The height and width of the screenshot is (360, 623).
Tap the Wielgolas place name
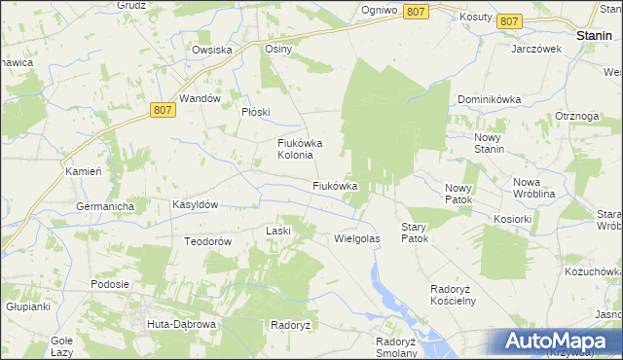click(356, 237)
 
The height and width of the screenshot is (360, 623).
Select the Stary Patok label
click(415, 232)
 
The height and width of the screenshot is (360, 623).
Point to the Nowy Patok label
click(458, 193)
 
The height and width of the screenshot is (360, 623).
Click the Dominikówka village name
click(490, 99)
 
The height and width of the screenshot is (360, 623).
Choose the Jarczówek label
click(536, 49)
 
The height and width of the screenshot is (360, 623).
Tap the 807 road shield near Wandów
click(165, 112)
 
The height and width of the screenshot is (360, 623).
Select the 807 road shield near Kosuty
click(508, 20)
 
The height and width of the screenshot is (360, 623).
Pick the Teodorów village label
click(205, 241)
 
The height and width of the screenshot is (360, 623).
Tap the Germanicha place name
click(105, 206)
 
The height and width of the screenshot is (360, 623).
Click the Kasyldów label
click(195, 205)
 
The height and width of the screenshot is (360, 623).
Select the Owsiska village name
click(211, 50)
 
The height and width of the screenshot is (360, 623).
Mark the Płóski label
click(255, 112)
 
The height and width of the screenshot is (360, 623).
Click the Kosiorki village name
click(512, 220)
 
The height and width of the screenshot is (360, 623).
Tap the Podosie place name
click(110, 284)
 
